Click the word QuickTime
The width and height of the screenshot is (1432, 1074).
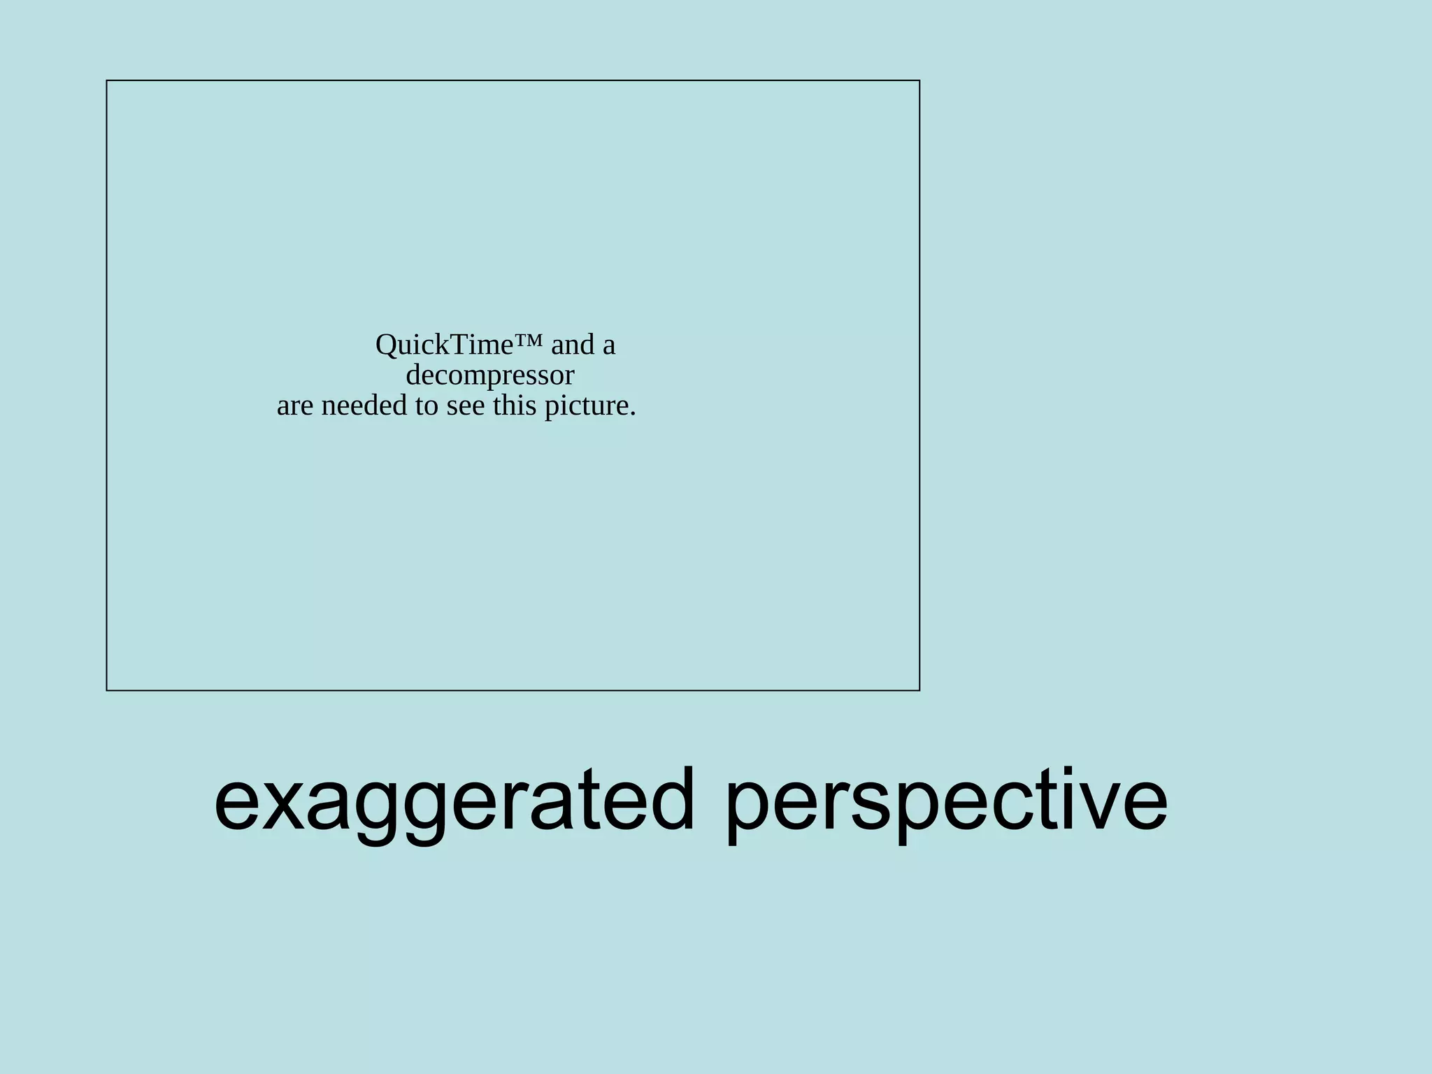tap(445, 345)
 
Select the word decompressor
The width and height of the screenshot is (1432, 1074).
tap(489, 375)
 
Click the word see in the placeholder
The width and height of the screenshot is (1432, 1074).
tap(465, 406)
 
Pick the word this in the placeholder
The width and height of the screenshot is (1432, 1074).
tap(515, 406)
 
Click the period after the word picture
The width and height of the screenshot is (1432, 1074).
tap(633, 415)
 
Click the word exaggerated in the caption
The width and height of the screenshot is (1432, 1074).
tap(454, 801)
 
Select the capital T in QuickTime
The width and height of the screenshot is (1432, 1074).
tap(459, 345)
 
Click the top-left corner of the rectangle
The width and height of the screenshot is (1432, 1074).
tap(107, 81)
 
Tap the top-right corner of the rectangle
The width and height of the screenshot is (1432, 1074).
tap(919, 81)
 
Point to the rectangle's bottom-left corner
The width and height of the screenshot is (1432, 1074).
tap(107, 690)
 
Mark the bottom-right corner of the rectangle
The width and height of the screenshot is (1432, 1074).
tap(919, 690)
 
